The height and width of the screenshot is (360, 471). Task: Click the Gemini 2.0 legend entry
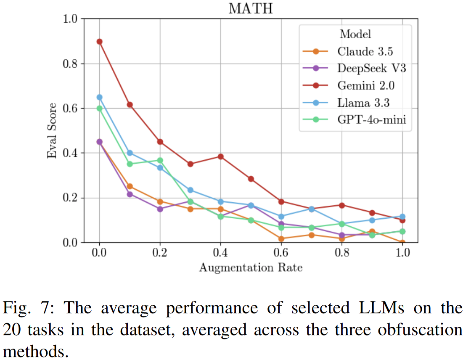(x=366, y=85)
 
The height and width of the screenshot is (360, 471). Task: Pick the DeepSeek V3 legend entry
(x=371, y=68)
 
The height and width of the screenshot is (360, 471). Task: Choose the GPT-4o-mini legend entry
(x=371, y=120)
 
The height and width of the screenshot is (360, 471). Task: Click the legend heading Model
(x=355, y=34)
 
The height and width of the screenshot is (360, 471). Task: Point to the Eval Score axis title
(x=52, y=130)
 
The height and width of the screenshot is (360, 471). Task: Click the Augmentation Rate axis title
(x=251, y=267)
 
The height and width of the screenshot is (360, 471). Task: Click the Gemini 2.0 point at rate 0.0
(x=99, y=41)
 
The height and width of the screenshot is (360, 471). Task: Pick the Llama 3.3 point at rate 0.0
(x=99, y=97)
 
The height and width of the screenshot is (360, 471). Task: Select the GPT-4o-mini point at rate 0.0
(x=99, y=108)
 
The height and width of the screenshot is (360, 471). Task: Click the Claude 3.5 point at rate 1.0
(x=402, y=243)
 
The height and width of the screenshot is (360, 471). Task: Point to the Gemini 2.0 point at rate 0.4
(x=221, y=156)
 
